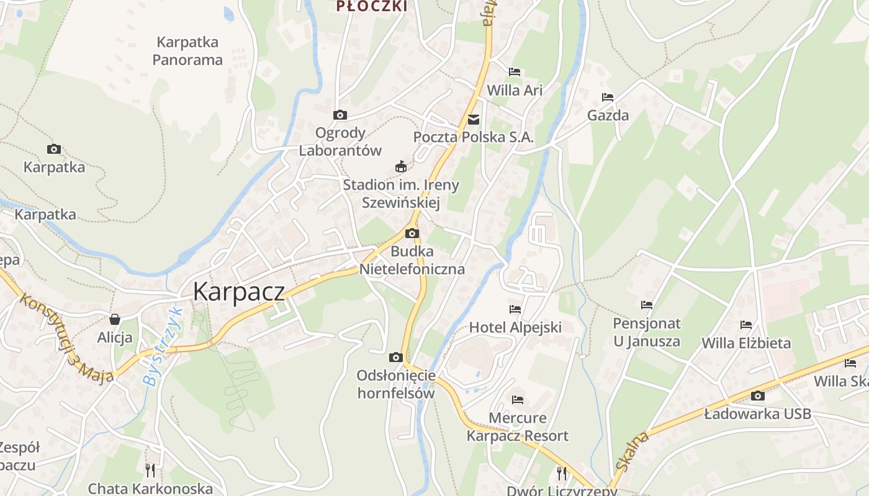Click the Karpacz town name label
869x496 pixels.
(239, 291)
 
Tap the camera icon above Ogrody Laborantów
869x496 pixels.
(340, 115)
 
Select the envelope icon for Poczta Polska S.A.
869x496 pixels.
(474, 119)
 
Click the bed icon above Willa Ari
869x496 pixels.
(514, 72)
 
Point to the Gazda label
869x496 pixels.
(608, 115)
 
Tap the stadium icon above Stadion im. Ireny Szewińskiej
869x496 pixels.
(401, 166)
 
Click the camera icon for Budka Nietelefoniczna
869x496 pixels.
(412, 234)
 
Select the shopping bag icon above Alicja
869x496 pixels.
(115, 319)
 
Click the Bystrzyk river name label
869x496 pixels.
(161, 345)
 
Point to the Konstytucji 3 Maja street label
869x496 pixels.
(66, 338)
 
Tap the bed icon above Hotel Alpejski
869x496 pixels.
(515, 309)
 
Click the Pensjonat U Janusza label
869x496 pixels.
(647, 332)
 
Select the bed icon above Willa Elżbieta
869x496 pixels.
(746, 325)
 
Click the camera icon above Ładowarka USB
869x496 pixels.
(757, 396)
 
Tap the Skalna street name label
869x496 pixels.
(632, 451)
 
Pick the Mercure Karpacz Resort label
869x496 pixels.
(518, 427)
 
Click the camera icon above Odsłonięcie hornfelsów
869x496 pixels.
(395, 357)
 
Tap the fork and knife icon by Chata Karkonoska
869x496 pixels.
(150, 470)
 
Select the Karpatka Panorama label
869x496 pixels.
(187, 51)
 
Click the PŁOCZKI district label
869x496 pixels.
(372, 6)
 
